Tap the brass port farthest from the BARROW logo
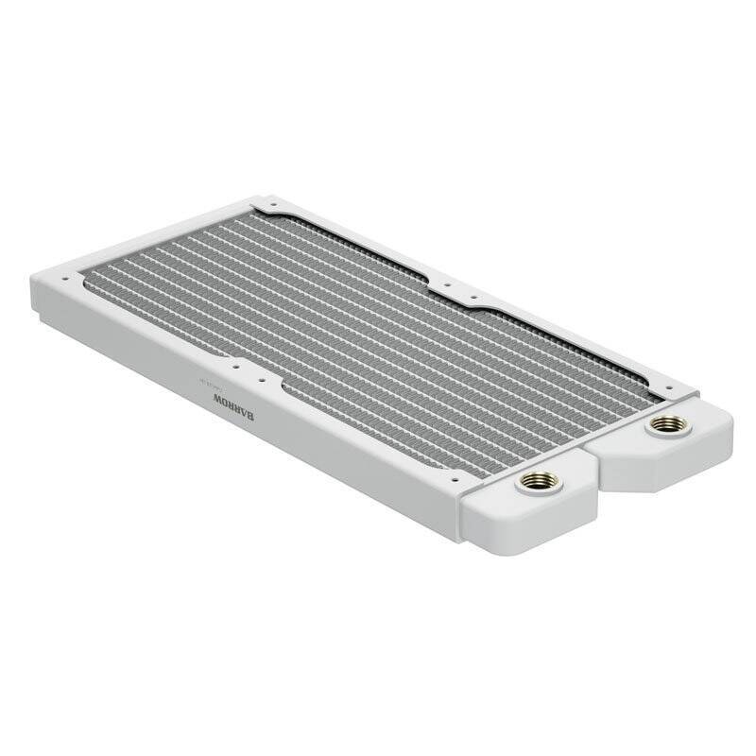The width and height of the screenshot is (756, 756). [669, 425]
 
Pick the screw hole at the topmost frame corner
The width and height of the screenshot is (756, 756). [267, 202]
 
